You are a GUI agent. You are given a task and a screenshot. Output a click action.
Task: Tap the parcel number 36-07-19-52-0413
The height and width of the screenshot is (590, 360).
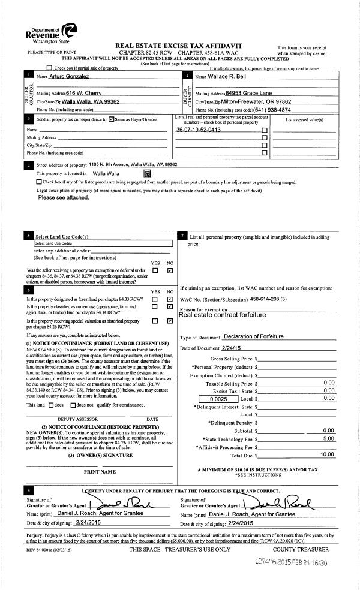pyautogui.click(x=199, y=130)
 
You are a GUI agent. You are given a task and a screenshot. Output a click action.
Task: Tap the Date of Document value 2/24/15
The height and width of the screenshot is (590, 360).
pyautogui.click(x=234, y=348)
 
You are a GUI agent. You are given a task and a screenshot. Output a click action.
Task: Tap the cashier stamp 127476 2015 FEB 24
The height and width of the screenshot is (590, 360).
pyautogui.click(x=290, y=564)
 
